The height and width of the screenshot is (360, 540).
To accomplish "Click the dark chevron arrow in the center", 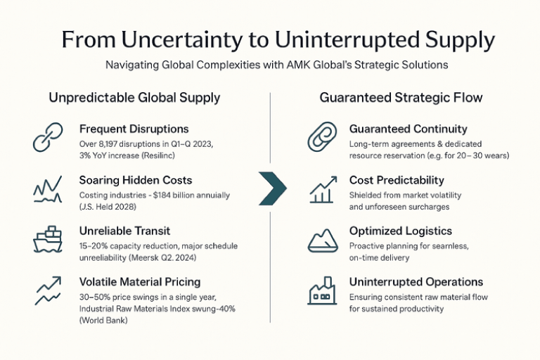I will pyautogui.click(x=273, y=188).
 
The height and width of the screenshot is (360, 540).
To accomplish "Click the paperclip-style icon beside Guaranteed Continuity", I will pyautogui.click(x=323, y=138).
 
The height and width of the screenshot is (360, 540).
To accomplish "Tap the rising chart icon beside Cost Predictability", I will pyautogui.click(x=323, y=188).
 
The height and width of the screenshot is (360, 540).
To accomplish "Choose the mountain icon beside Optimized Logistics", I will pyautogui.click(x=323, y=240).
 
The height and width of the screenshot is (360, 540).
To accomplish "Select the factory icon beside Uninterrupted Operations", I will pyautogui.click(x=323, y=290).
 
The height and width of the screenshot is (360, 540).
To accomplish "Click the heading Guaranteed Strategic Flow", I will pyautogui.click(x=401, y=98).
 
